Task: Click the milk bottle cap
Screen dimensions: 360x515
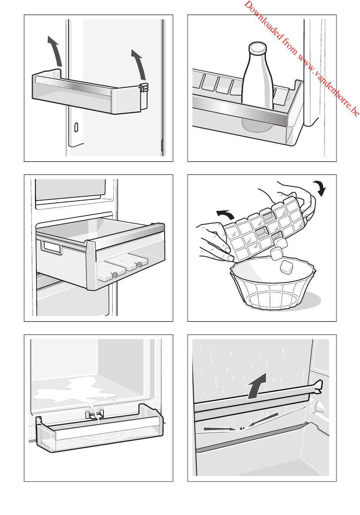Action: point(258,47)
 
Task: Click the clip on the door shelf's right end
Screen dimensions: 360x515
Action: point(144,87)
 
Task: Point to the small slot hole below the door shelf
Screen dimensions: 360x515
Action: point(76,127)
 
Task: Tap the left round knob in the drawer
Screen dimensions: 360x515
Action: point(115,275)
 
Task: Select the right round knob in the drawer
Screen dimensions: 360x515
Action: point(139,265)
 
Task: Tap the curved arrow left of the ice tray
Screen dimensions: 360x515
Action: point(225,214)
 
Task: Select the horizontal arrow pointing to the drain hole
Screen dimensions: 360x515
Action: point(220,429)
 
